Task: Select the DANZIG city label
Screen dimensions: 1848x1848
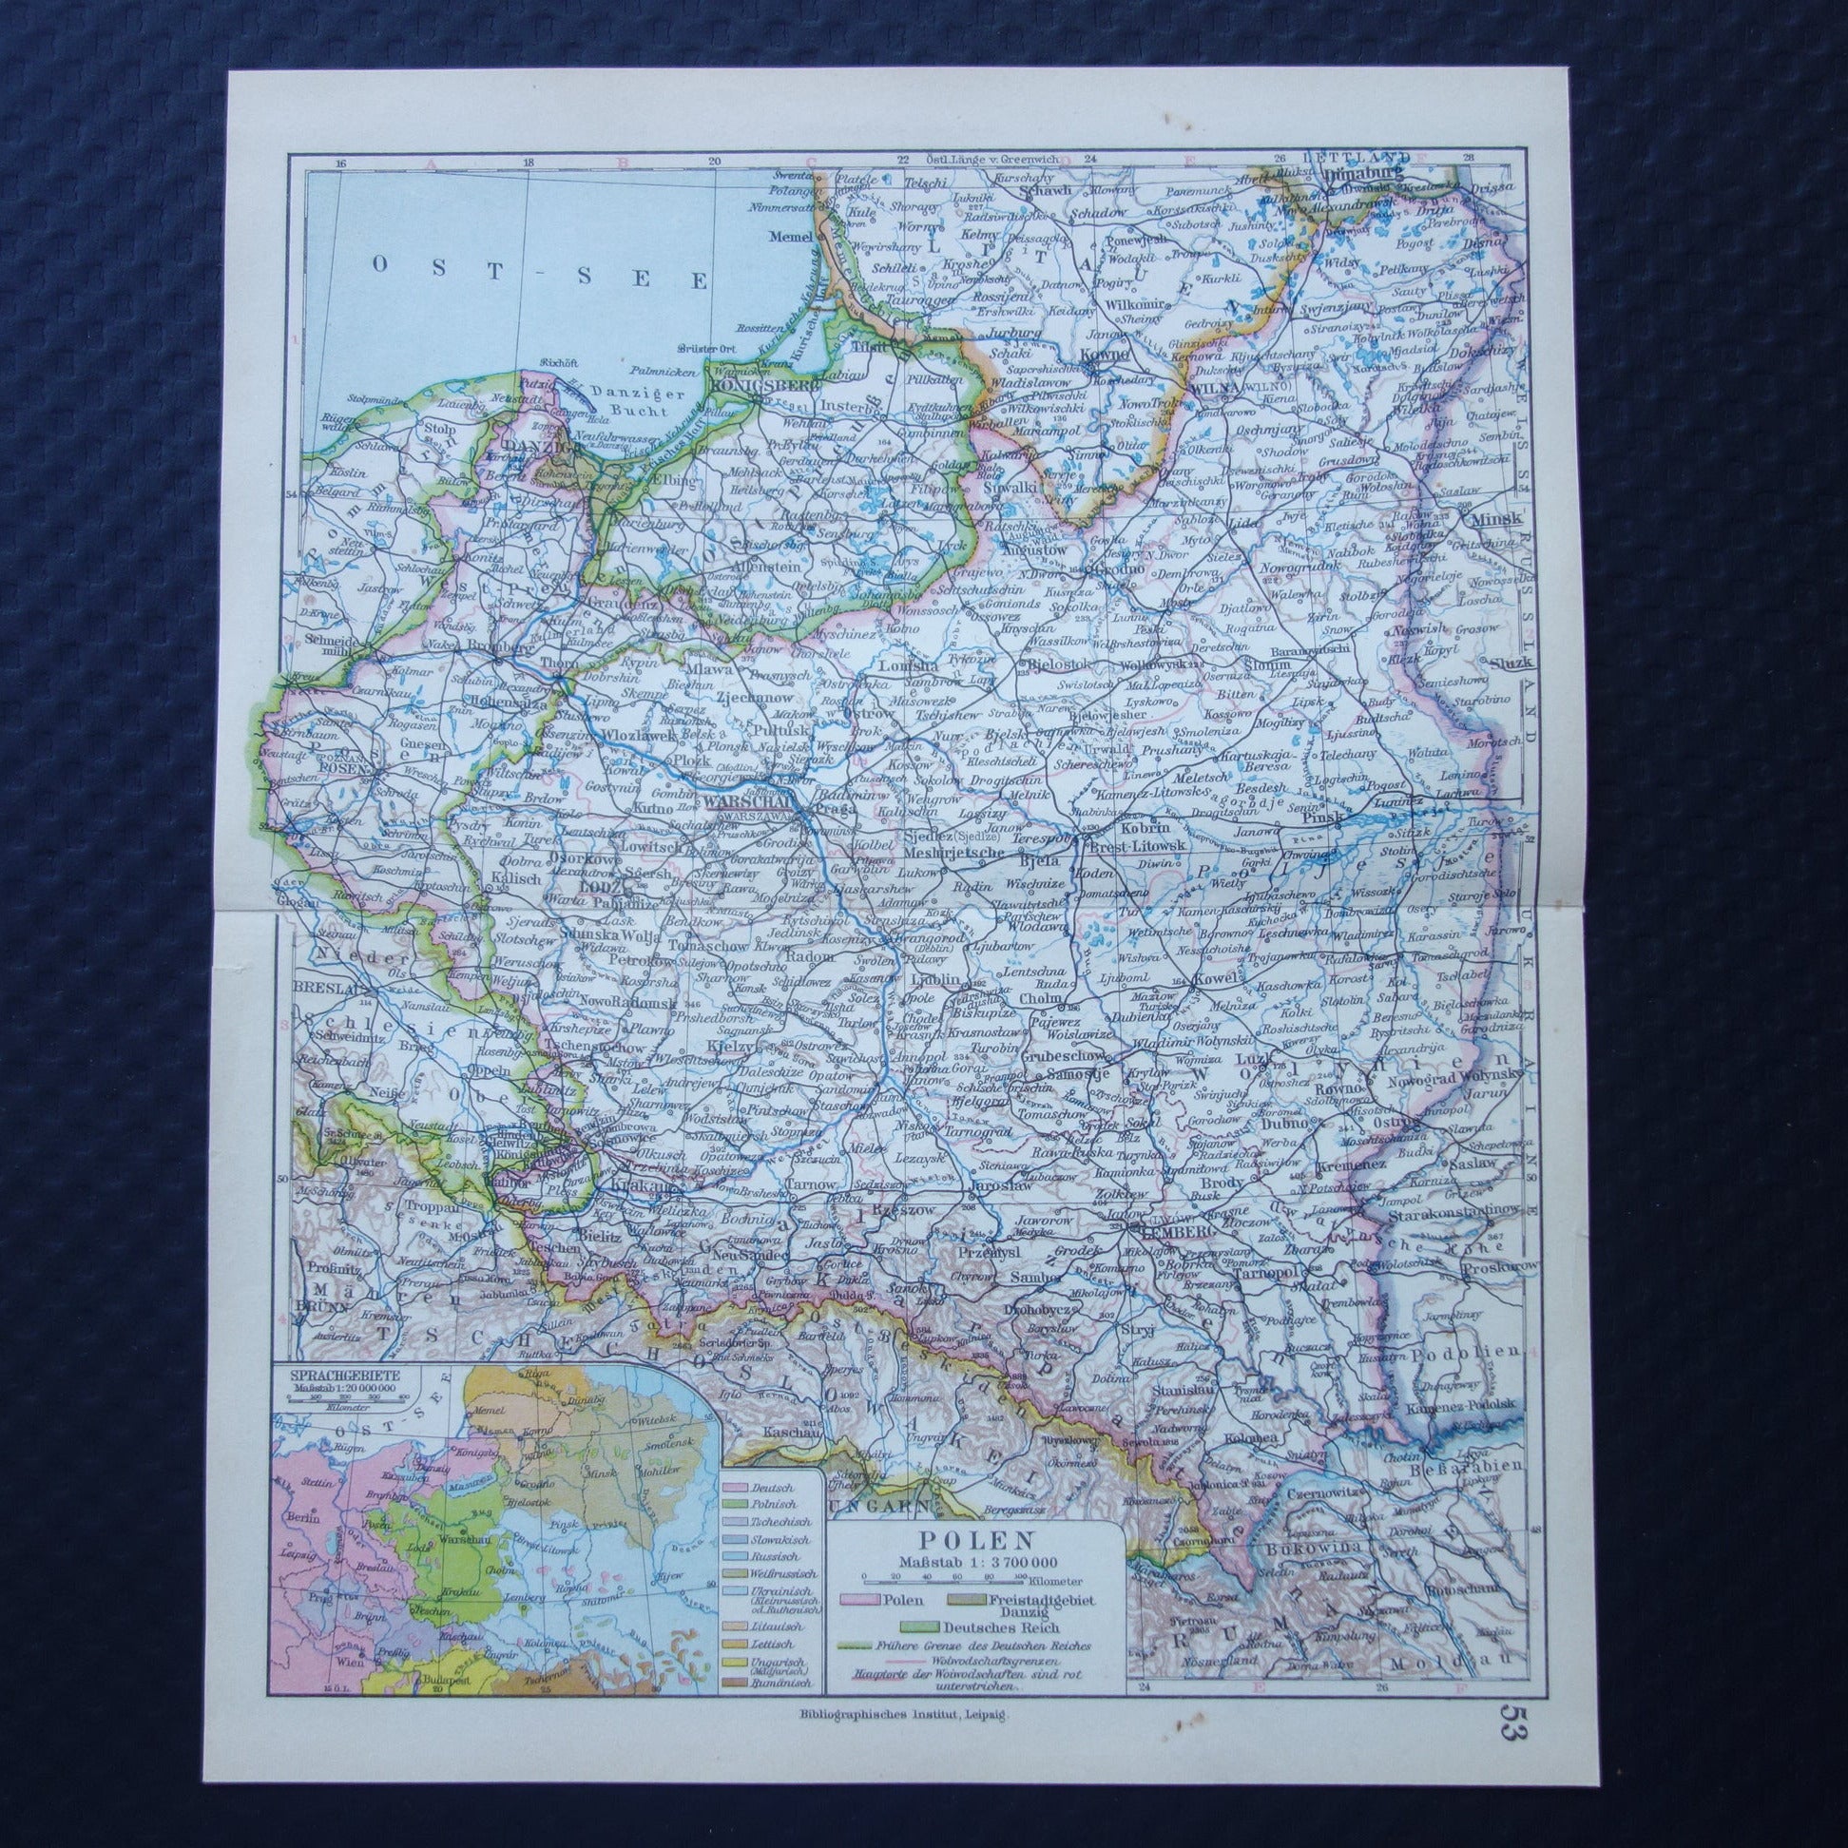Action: pos(532,447)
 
